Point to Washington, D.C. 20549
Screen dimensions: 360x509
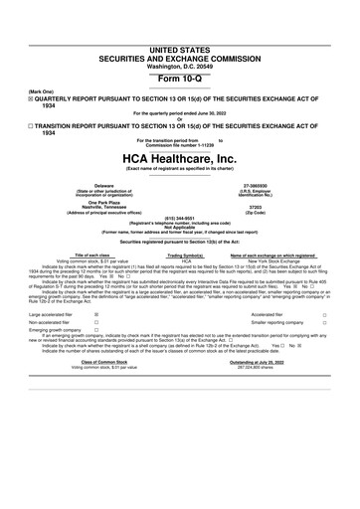tap(179, 38)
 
